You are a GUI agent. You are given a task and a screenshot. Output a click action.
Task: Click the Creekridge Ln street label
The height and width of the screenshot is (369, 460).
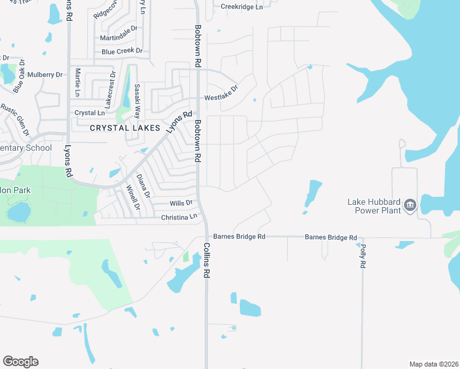pyautogui.click(x=242, y=6)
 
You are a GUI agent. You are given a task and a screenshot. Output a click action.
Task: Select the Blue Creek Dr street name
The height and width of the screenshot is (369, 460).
pyautogui.click(x=122, y=52)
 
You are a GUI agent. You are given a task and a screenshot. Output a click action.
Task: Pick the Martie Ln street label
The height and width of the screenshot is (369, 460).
pyautogui.click(x=78, y=82)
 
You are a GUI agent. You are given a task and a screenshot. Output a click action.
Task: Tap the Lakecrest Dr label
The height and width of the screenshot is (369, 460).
pyautogui.click(x=111, y=90)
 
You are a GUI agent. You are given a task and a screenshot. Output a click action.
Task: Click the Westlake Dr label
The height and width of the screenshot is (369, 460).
pyautogui.click(x=221, y=93)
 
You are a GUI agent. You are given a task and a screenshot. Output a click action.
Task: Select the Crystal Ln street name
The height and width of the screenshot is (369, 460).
pyautogui.click(x=90, y=113)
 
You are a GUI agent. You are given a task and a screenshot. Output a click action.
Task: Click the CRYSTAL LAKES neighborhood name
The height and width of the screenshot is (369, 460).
pyautogui.click(x=125, y=128)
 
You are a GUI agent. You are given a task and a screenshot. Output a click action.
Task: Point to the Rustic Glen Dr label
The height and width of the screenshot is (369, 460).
pyautogui.click(x=15, y=119)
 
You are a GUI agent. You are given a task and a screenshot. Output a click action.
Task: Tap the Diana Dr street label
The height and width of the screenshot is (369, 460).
pyautogui.click(x=143, y=186)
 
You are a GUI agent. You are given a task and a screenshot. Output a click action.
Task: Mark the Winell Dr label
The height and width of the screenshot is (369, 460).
pyautogui.click(x=132, y=198)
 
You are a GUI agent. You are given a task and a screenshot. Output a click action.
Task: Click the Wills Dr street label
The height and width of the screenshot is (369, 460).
pyautogui.click(x=181, y=202)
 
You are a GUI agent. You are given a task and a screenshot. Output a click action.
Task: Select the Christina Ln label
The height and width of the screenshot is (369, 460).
pyautogui.click(x=179, y=217)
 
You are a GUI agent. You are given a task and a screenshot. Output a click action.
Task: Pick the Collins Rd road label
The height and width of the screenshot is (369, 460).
pyautogui.click(x=207, y=258)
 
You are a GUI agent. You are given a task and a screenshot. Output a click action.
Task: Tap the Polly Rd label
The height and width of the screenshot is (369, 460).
pyautogui.click(x=362, y=255)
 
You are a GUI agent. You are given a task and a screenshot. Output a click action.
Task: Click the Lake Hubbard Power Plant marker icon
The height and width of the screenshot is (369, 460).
pyautogui.click(x=410, y=205)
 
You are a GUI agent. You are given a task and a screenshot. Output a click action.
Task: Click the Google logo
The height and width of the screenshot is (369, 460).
pyautogui.click(x=20, y=362)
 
